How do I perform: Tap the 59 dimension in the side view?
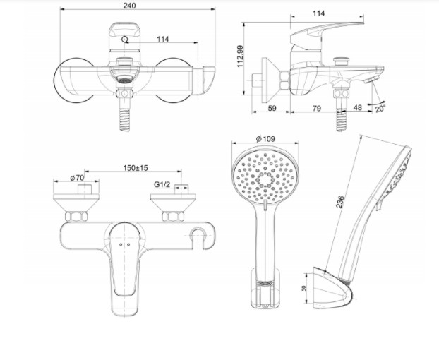click(273, 108)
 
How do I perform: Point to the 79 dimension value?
click(316, 108)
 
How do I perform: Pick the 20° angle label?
click(382, 109)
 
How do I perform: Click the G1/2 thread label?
click(163, 185)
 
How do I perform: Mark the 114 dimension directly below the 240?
click(163, 39)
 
